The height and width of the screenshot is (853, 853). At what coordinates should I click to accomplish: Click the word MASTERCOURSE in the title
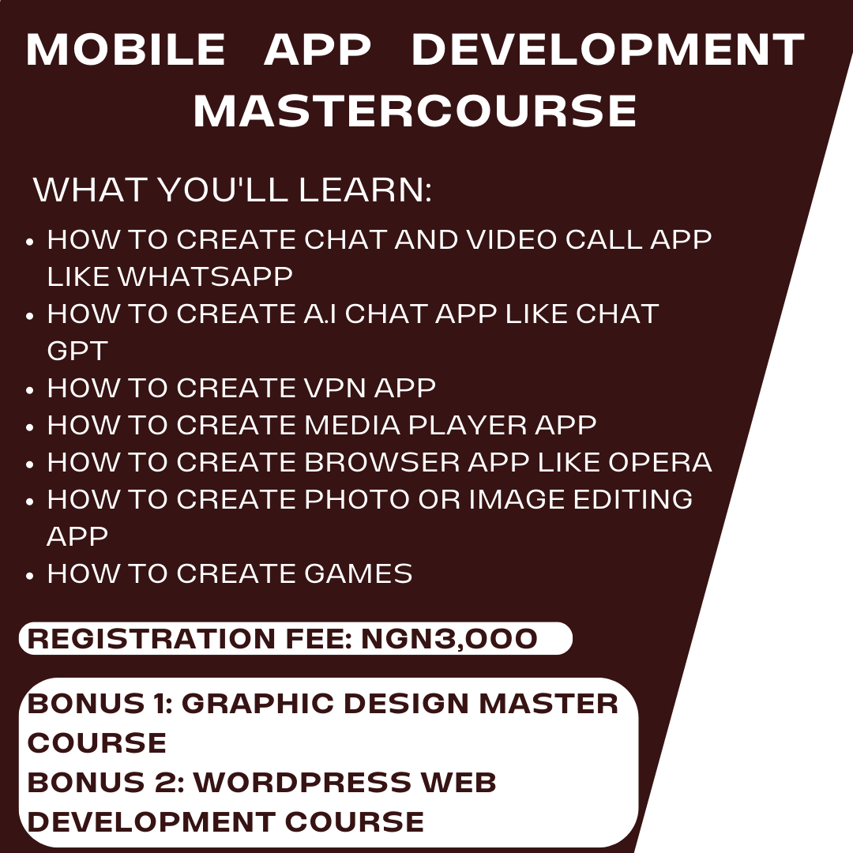pyautogui.click(x=415, y=111)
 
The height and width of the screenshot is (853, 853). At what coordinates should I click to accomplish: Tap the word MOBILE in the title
pyautogui.click(x=126, y=51)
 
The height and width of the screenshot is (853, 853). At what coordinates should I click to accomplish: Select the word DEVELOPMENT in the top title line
pyautogui.click(x=607, y=51)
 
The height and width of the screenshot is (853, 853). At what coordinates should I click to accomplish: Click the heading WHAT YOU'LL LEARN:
pyautogui.click(x=232, y=190)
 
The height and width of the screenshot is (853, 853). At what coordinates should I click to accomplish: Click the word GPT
pyautogui.click(x=77, y=351)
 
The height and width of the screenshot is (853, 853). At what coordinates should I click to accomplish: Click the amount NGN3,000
pyautogui.click(x=449, y=639)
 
